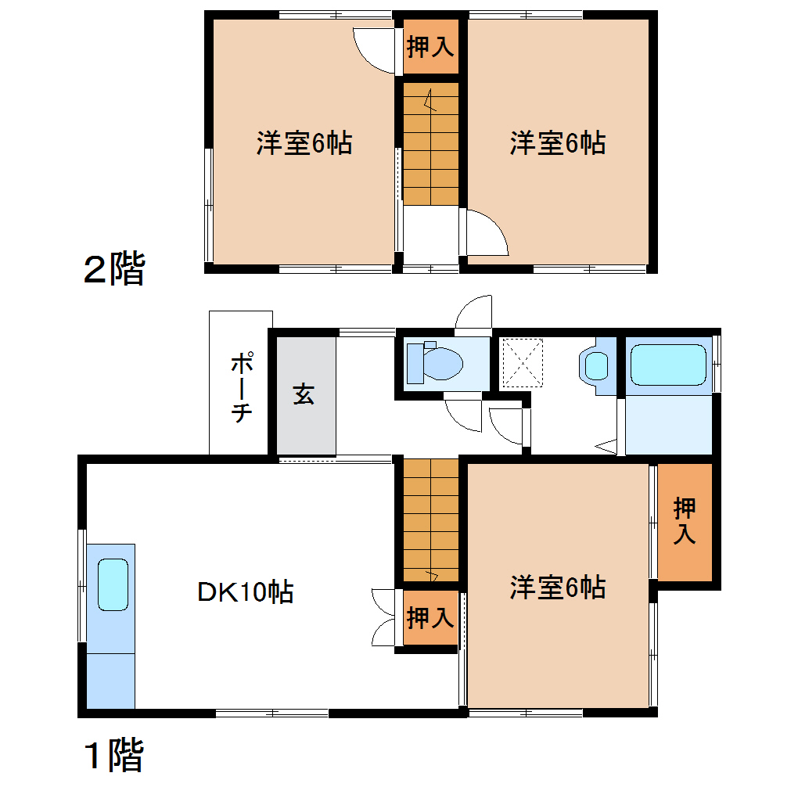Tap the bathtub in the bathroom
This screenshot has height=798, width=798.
coord(669,365)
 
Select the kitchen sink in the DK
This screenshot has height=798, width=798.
coord(113,584)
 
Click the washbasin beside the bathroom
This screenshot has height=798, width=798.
coord(597,365)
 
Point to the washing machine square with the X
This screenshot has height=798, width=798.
coord(521,362)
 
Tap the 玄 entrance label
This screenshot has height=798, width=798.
coord(304,394)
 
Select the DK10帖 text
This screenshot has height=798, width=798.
coord(245,591)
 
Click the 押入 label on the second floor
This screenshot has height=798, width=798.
coord(430,47)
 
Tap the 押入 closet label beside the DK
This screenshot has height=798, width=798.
coord(430,618)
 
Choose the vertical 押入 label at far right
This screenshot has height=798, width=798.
coord(685,522)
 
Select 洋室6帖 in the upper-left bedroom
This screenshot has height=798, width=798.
coord(304,143)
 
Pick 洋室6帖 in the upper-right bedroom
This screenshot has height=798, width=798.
coord(558,143)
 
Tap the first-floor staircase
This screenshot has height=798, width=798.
coord(430,520)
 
